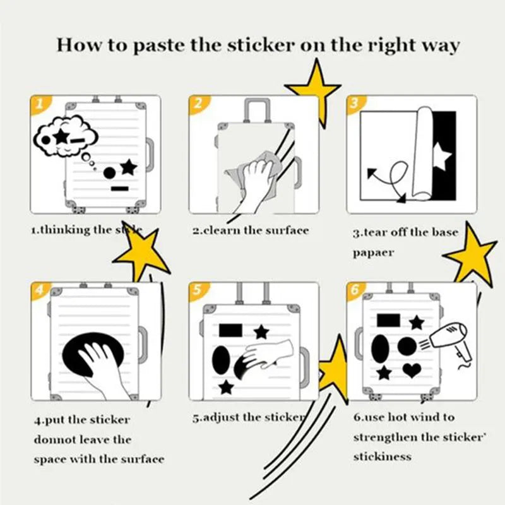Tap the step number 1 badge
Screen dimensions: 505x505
[x=39, y=104]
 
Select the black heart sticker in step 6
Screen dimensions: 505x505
[x=412, y=369]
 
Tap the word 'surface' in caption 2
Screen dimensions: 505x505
[x=287, y=230]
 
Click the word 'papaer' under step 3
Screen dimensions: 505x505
[x=373, y=252]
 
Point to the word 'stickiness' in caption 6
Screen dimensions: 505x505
[x=383, y=456]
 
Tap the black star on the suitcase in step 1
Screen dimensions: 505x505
[x=128, y=167]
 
